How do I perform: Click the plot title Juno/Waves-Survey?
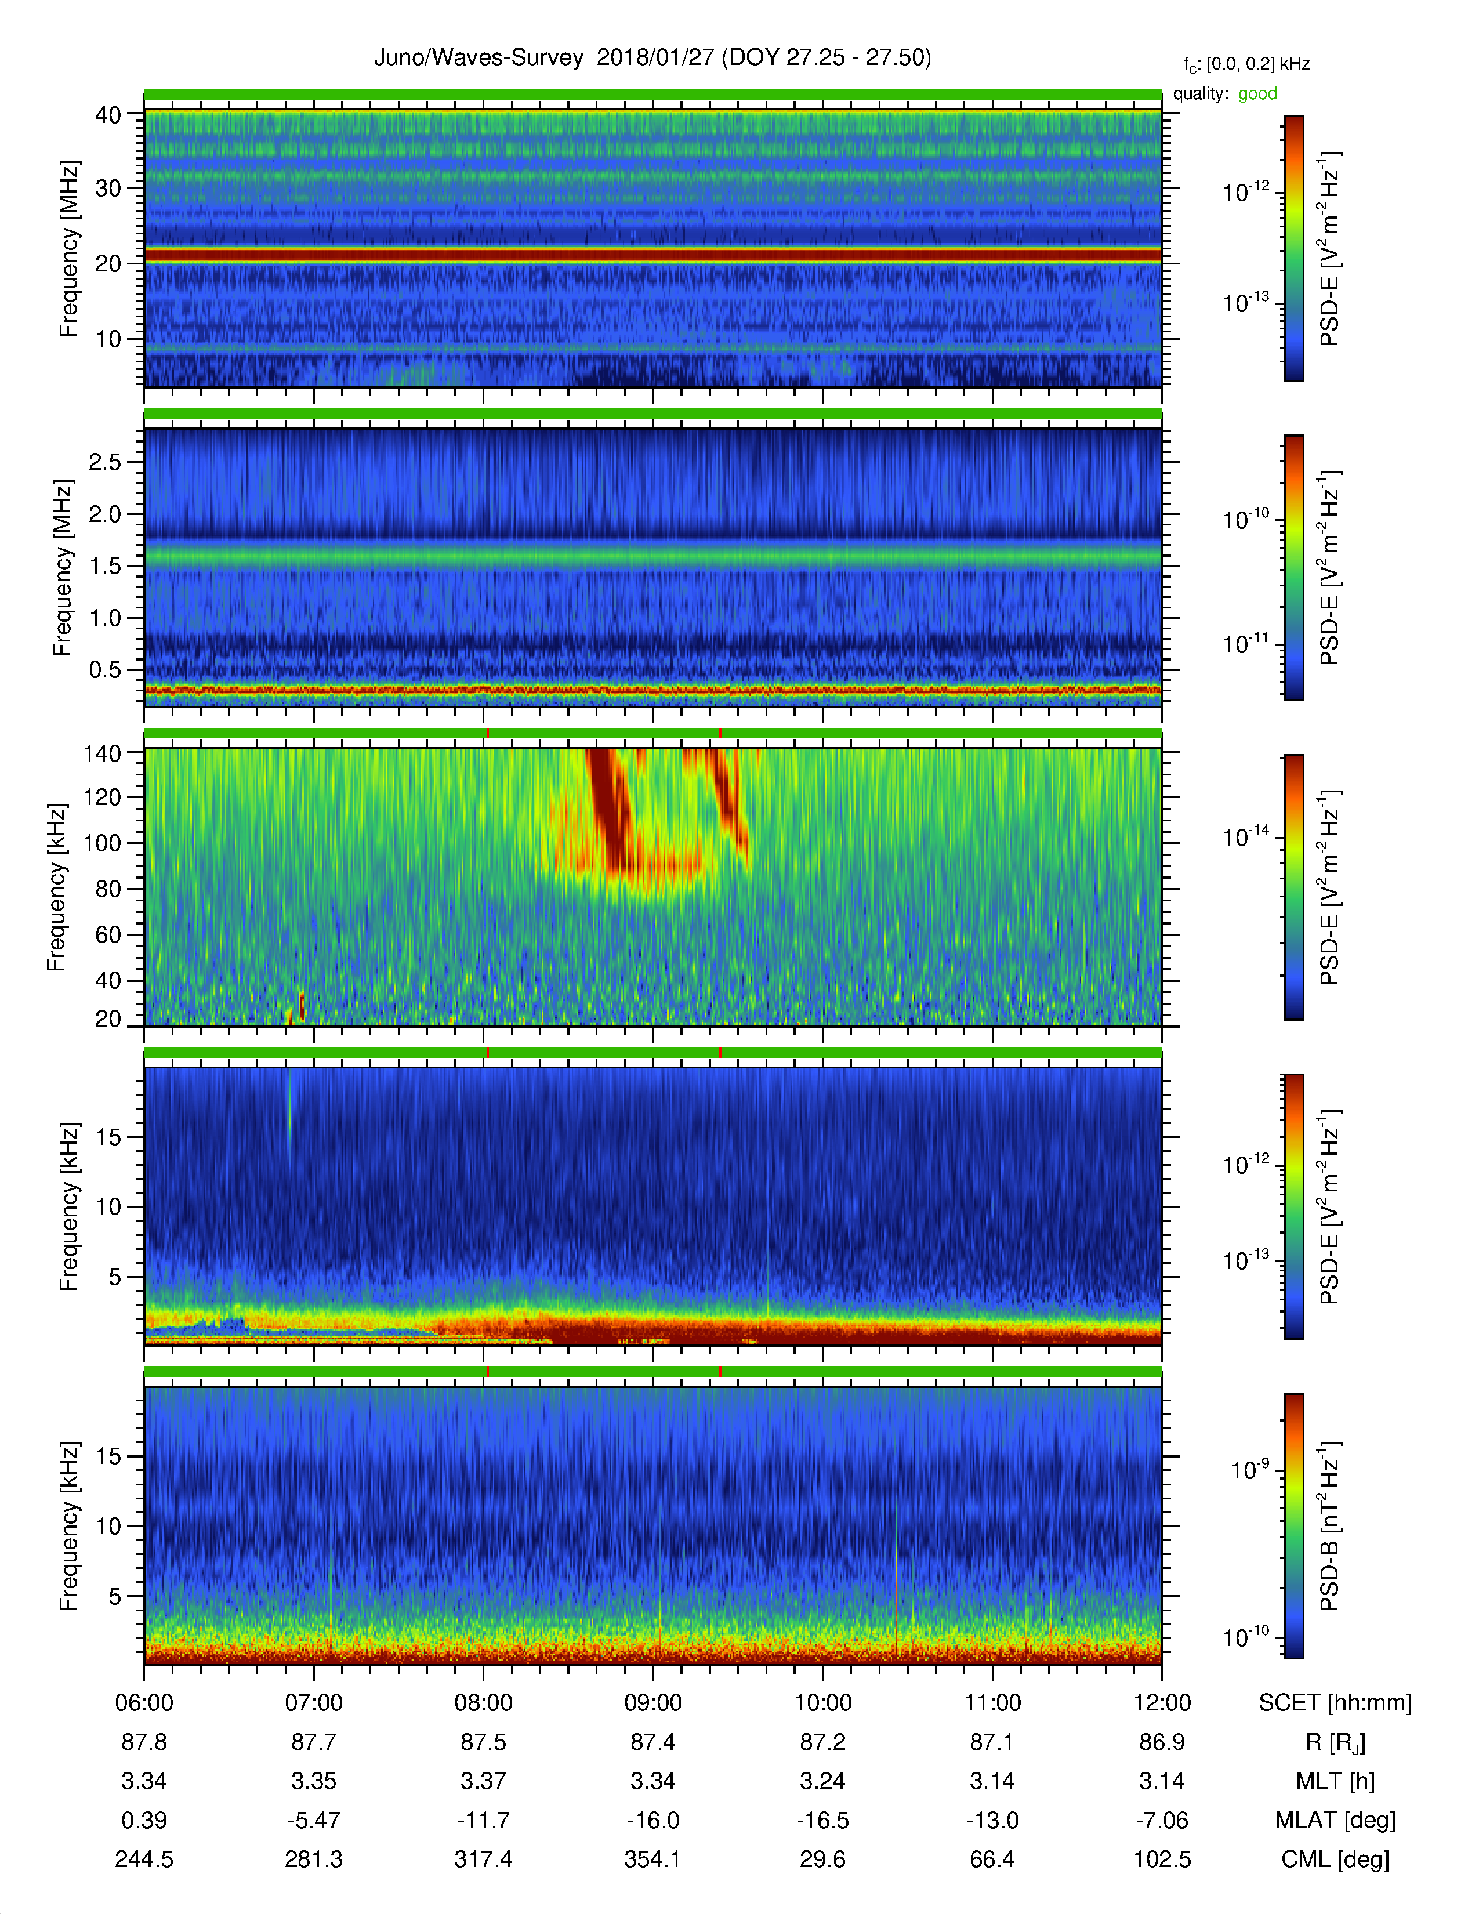coord(478,58)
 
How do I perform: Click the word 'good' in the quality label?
coord(1257,94)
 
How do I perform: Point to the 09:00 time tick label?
coord(652,1703)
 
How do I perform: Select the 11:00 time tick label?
coord(992,1703)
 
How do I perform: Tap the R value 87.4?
coord(652,1742)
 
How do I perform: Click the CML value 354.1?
coord(652,1859)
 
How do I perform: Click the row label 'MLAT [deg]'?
coord(1335,1820)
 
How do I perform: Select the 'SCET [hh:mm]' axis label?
coord(1335,1703)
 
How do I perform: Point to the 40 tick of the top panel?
coord(108,115)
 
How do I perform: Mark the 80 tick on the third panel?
coord(108,889)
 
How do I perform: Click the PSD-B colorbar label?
coord(1329,1526)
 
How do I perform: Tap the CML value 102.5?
coord(1162,1859)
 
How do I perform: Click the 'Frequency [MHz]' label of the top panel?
coord(68,249)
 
